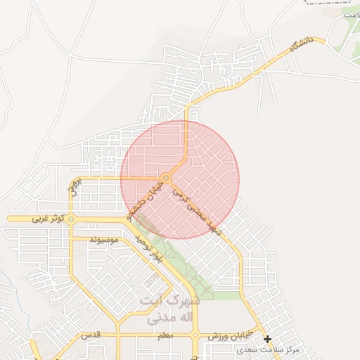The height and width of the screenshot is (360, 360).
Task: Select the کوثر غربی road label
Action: (x=49, y=219)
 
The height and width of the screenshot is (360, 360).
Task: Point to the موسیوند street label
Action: (x=104, y=240)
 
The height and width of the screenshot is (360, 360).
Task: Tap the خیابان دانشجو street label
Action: (x=144, y=200)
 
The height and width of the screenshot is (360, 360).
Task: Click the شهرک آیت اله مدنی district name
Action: (x=170, y=309)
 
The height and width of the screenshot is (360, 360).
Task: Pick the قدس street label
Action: (x=91, y=336)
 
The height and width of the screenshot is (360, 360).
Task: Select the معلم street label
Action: (x=166, y=337)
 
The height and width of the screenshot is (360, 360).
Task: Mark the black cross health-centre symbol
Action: (x=267, y=339)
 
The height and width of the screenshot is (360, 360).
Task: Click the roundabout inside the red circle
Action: (x=165, y=178)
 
